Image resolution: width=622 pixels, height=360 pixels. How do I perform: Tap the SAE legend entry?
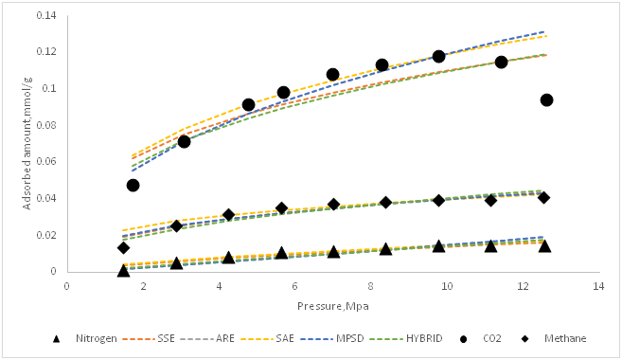tap(310, 337)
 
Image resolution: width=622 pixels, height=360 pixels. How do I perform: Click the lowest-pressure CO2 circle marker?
tap(133, 185)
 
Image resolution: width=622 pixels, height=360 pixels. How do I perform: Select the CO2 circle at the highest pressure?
tap(546, 99)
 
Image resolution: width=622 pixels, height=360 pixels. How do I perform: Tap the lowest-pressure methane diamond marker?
tap(123, 248)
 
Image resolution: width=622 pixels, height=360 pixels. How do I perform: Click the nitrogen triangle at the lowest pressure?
tap(123, 270)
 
